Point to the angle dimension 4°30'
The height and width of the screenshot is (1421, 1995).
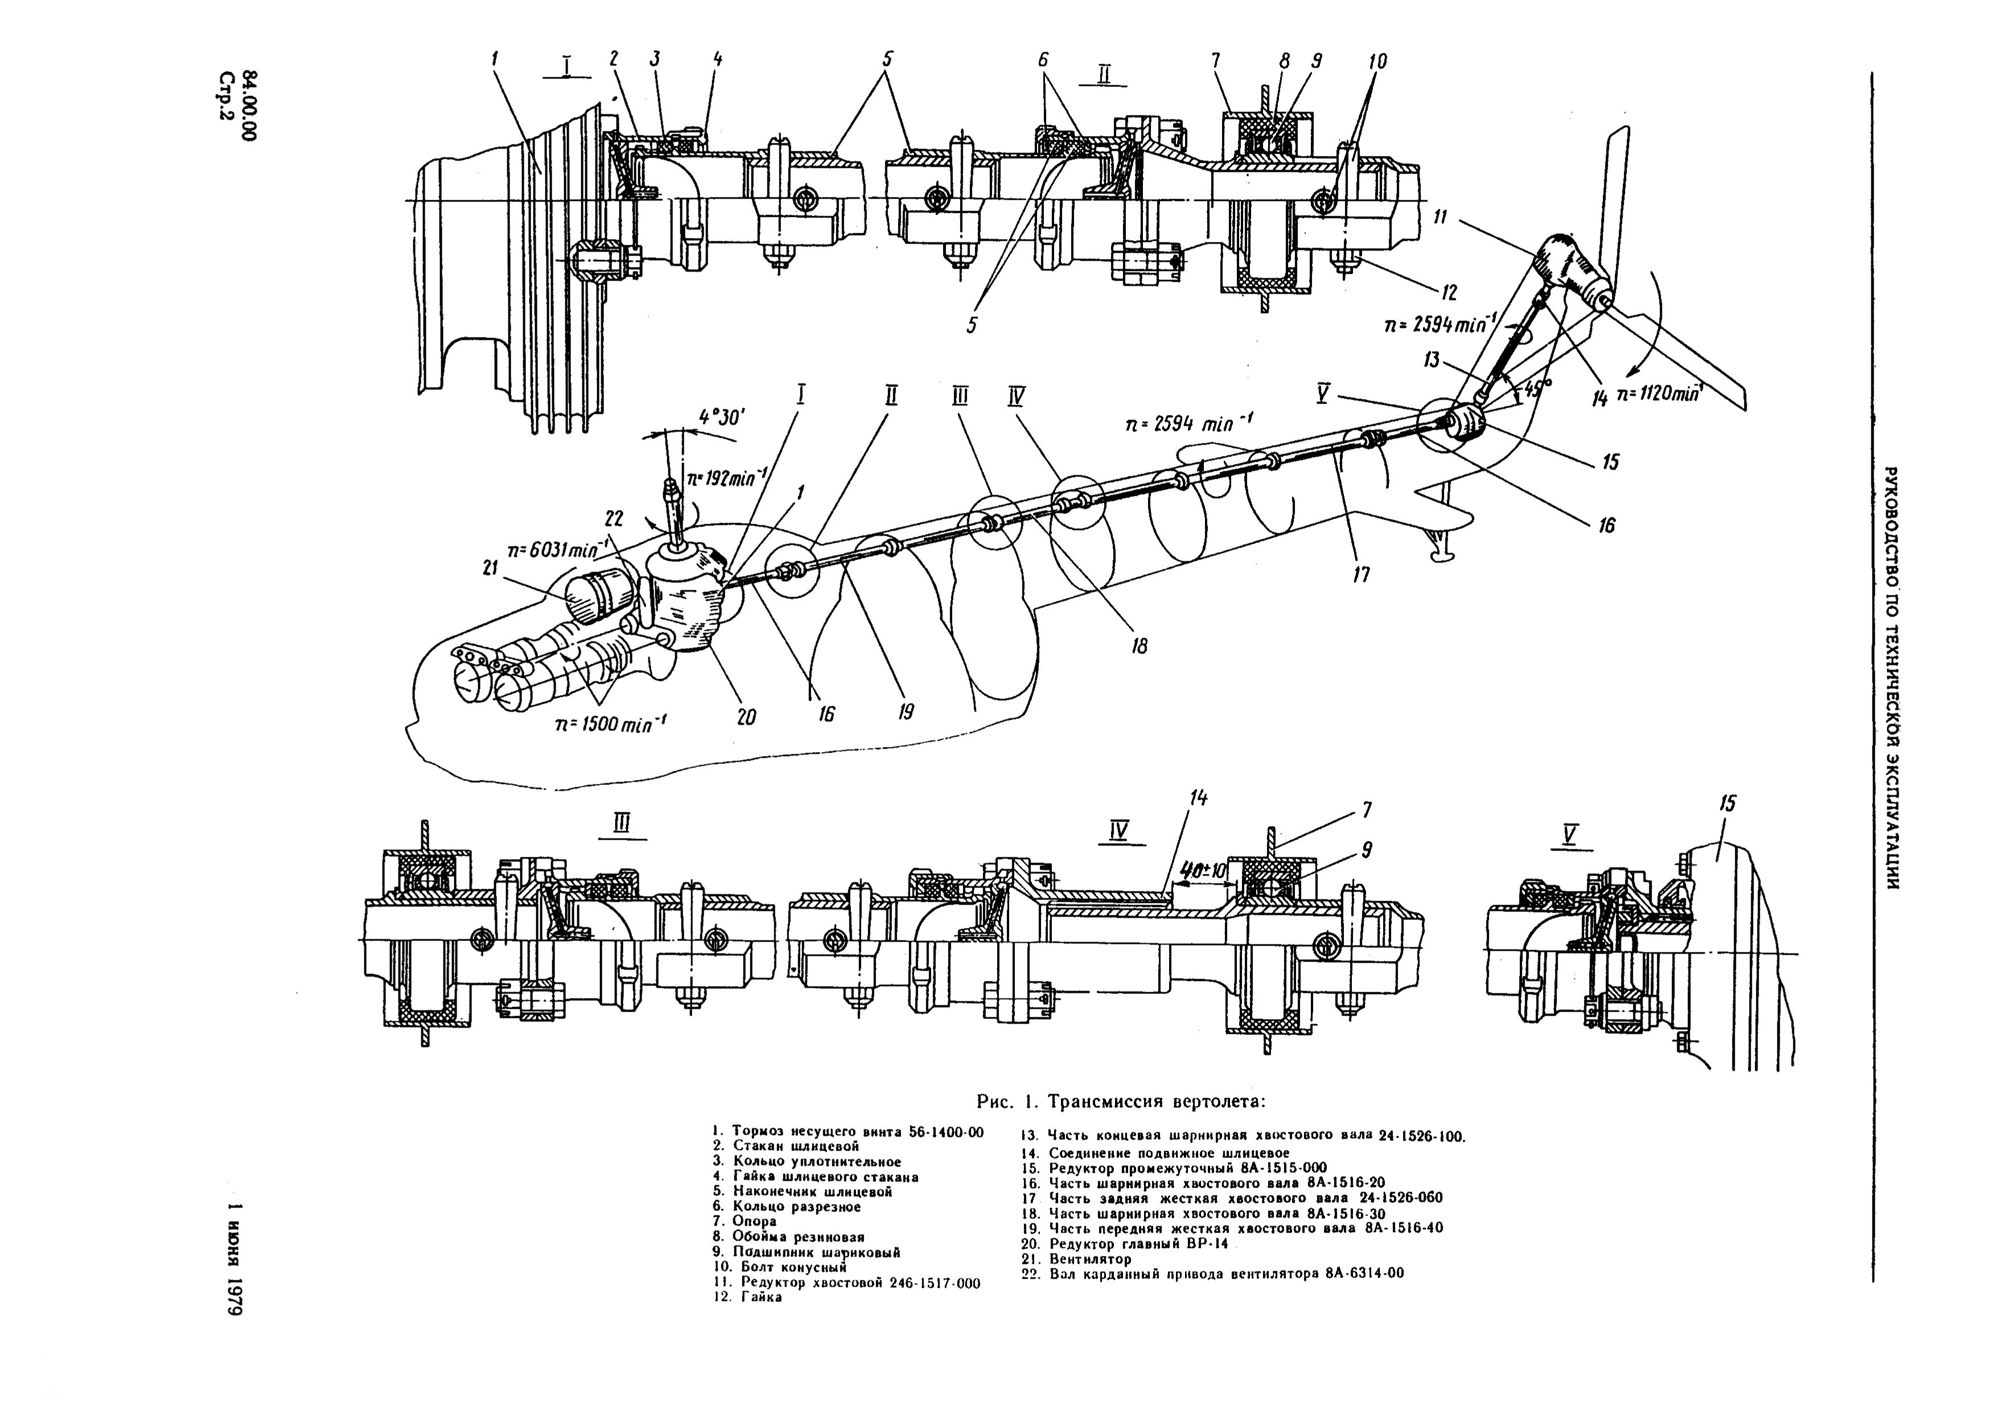coord(721,418)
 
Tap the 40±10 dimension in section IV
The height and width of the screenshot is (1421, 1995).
coord(1203,872)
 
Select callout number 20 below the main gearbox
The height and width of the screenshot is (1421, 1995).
coord(745,717)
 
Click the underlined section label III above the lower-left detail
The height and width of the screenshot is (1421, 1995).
coord(621,823)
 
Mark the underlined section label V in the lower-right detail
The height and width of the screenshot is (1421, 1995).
coord(1570,836)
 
